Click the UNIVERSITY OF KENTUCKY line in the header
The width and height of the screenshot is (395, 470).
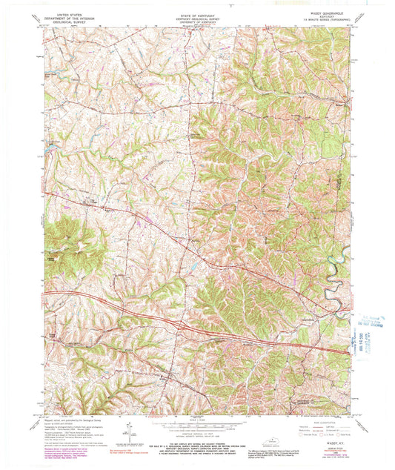pyautogui.click(x=196, y=22)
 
